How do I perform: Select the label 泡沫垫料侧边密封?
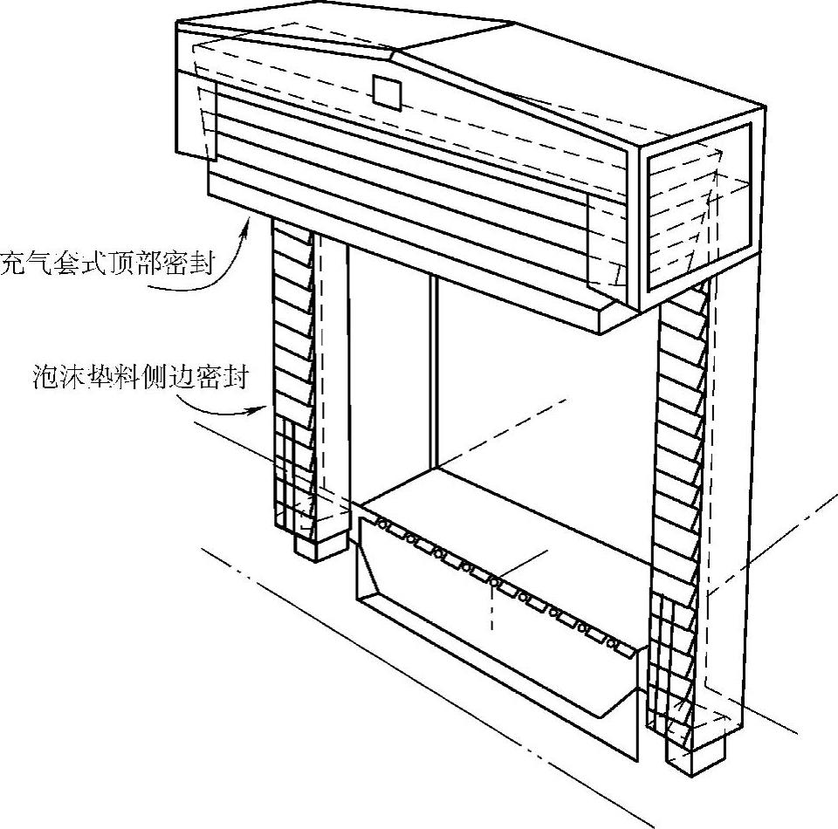coord(140,380)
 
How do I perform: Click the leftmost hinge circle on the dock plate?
coord(381,523)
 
